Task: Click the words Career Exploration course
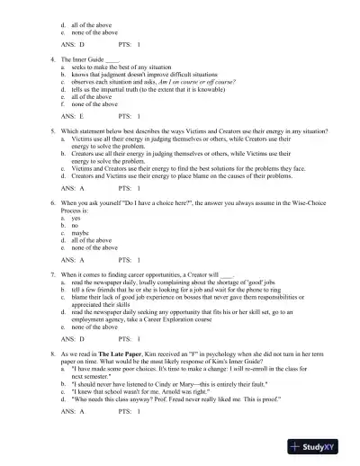(x=174, y=322)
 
